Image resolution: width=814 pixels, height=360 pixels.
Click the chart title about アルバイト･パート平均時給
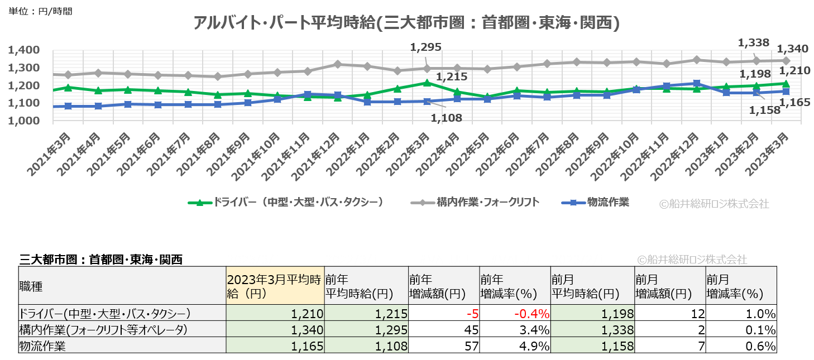pos(406,23)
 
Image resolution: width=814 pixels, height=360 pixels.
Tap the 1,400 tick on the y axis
pos(23,50)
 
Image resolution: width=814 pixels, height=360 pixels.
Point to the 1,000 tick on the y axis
pos(23,121)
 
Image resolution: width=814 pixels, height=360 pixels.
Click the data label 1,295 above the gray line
pos(426,47)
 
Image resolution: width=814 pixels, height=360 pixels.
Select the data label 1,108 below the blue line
pos(444,118)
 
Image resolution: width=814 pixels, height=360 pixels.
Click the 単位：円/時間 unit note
pos(40,11)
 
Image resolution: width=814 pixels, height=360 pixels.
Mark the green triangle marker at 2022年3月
pos(427,83)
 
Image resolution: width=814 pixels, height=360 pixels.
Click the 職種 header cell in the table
pos(30,286)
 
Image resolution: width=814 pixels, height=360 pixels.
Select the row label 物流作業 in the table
pos(42,346)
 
